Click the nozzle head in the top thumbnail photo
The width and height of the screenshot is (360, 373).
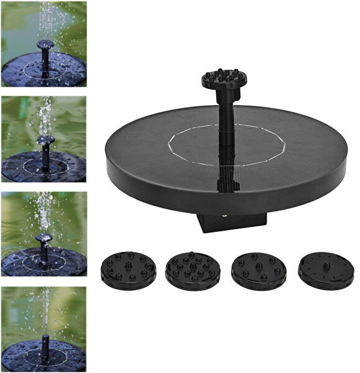45,45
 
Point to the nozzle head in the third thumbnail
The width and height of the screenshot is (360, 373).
44,237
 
